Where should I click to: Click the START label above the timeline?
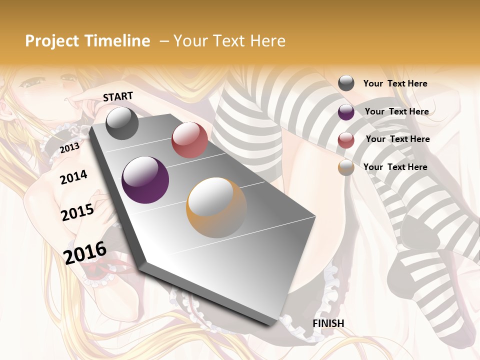coord(118,96)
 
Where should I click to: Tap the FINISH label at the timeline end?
coord(328,323)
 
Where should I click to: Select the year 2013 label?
coord(69,147)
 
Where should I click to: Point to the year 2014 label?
coord(73,177)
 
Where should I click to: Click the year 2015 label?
coord(77,212)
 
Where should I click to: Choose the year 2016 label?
coord(85,252)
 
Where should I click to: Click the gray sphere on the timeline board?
coord(122,123)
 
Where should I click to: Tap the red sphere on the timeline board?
coord(189,140)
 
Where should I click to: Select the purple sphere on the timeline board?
coord(145,180)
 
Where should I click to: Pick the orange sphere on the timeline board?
coord(216,207)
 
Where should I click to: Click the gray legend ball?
coord(346,83)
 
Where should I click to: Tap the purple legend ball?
coord(346,112)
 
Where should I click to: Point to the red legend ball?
coord(346,140)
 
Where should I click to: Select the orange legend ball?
coord(346,167)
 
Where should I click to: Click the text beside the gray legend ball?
coord(395,83)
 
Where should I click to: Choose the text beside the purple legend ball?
coord(397,111)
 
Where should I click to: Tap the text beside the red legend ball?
coord(398,139)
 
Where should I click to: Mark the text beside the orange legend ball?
coord(395,167)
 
